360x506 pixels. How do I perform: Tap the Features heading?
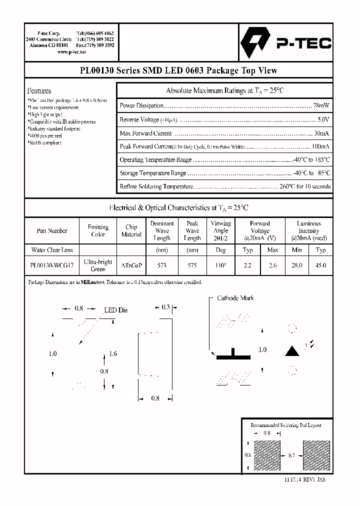point(39,91)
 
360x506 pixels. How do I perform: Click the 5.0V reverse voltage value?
point(323,119)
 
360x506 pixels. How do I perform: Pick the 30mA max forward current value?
point(321,133)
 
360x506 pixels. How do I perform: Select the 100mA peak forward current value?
point(320,146)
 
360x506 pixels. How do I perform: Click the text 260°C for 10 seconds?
point(305,186)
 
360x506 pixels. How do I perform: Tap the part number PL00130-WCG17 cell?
point(52,265)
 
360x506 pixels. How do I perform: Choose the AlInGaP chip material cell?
point(131,265)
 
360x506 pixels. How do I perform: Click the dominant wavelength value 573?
point(161,265)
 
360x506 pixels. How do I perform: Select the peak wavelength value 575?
point(192,265)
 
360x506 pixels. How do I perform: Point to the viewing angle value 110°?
point(220,265)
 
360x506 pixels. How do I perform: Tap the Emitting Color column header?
point(98,230)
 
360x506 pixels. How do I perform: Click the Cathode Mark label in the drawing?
point(235,298)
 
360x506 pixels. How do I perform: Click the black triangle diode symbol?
point(292,350)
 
